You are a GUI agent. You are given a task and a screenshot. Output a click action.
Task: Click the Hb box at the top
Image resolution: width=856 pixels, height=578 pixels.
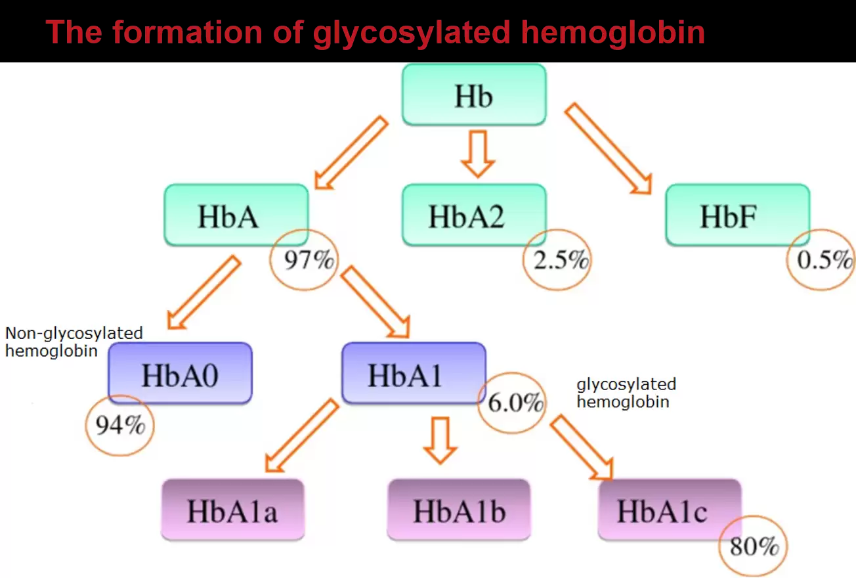[474, 95]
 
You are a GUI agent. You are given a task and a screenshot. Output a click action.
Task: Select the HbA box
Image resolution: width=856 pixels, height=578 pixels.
[236, 215]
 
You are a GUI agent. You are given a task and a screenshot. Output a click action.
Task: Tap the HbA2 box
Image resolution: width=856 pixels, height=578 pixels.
[474, 215]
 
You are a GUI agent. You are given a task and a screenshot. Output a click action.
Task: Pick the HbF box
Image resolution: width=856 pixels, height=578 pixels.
[738, 215]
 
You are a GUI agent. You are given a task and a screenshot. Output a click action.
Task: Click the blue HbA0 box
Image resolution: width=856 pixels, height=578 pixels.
[180, 373]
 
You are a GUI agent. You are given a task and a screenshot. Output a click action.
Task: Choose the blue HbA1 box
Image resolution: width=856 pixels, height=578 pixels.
[414, 373]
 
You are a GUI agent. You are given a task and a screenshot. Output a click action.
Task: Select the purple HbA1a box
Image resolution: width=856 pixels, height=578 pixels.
[233, 510]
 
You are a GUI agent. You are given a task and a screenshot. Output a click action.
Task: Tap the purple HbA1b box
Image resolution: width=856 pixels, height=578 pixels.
[459, 510]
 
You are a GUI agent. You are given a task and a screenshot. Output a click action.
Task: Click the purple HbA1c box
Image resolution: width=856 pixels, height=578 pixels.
[670, 510]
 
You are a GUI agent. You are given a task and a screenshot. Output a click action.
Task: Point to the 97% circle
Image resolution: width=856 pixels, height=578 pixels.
[304, 259]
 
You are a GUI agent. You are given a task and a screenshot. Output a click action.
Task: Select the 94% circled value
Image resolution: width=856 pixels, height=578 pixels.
[120, 426]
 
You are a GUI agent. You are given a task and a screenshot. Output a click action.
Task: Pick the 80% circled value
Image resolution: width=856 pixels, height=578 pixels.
[753, 546]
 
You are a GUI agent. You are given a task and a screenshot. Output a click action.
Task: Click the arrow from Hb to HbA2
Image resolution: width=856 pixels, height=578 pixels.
[478, 154]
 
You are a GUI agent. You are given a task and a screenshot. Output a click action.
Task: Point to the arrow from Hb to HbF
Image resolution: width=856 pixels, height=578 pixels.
[609, 148]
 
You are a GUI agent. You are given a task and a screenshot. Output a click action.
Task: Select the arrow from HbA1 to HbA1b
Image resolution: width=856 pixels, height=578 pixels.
[440, 440]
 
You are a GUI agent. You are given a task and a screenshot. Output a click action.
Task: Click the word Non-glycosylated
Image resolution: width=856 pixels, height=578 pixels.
[74, 334]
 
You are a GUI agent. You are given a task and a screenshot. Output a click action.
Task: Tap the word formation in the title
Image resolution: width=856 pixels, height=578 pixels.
[187, 32]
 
